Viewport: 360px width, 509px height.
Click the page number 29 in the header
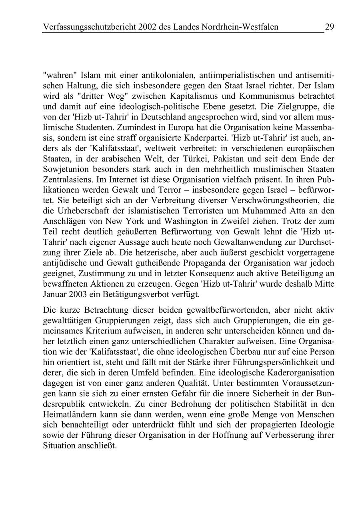pos(330,27)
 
